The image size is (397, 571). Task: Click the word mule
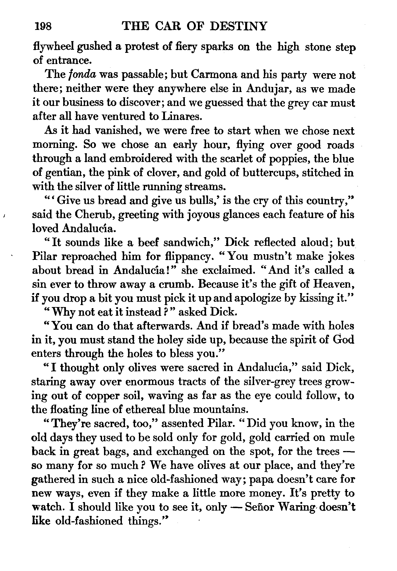click(x=341, y=438)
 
